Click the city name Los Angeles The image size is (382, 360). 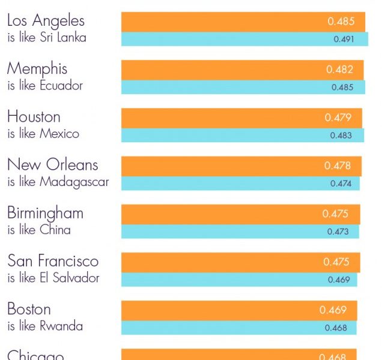click(x=46, y=21)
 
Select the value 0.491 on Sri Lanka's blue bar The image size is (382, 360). click(x=344, y=40)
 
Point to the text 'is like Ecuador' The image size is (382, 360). click(x=45, y=86)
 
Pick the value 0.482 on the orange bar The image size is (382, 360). click(x=339, y=70)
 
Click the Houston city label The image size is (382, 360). click(x=34, y=117)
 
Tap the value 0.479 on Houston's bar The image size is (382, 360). click(x=338, y=118)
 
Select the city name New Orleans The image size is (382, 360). click(x=52, y=165)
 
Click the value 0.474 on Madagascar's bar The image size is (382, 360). click(x=341, y=184)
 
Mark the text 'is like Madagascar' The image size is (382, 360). click(x=58, y=182)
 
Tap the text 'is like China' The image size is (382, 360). click(x=39, y=230)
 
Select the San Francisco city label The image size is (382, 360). click(x=53, y=261)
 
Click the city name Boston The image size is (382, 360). click(x=29, y=309)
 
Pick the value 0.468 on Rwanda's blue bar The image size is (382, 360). click(x=336, y=328)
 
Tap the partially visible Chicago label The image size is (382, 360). click(x=35, y=355)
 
